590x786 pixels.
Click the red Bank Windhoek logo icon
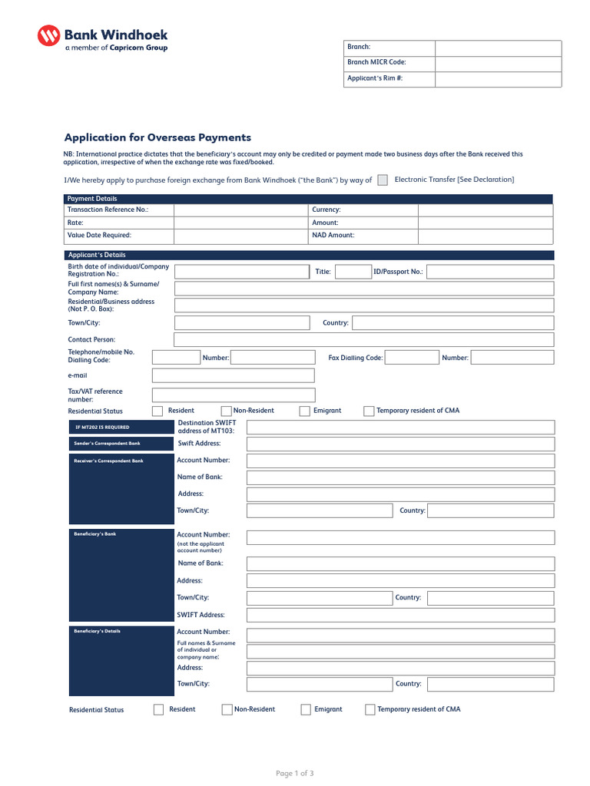48,36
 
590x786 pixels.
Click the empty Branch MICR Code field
498,63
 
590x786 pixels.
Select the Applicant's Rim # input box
498,79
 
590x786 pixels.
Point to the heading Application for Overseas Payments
157,138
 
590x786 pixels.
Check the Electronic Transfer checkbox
383,180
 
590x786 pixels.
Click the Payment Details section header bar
307,199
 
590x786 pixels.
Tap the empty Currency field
485,210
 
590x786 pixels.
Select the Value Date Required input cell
240,236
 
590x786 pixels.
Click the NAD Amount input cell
485,236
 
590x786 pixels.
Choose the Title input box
353,272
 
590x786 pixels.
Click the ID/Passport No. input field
489,272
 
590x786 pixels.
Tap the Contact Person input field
363,339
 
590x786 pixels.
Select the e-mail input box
233,375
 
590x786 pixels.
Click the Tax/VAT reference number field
233,395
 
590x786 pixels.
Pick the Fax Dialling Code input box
411,358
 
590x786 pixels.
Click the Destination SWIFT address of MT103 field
399,427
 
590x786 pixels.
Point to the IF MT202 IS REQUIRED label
102,427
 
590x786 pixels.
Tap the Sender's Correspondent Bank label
107,444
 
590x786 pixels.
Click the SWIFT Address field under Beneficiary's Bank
399,616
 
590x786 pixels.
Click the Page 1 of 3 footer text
294,773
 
